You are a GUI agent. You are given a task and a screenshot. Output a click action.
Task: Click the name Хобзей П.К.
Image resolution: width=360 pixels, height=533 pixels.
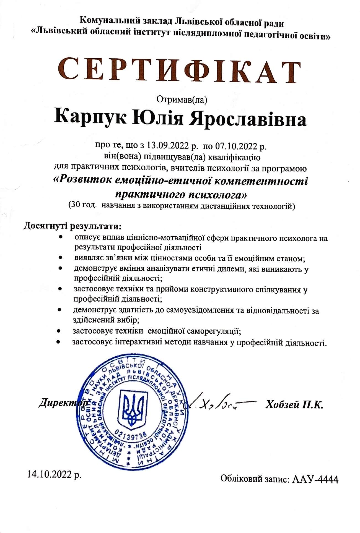294,405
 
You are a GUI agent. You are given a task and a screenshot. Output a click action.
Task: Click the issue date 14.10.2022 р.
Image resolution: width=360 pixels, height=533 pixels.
54,474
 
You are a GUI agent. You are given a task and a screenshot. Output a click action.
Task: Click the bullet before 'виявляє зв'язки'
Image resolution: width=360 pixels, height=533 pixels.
61,258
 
